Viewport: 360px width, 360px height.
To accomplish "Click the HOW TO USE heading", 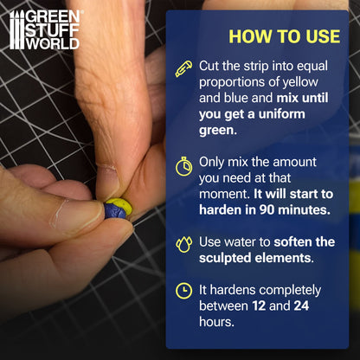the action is coord(285,36).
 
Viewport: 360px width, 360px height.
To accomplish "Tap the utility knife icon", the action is coord(183,69).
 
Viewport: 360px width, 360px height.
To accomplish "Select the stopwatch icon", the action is coord(184,166).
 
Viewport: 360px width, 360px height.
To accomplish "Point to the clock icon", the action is coord(183,291).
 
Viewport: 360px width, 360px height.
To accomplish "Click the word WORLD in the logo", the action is coord(53,44).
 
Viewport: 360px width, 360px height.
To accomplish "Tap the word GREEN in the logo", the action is coord(53,17).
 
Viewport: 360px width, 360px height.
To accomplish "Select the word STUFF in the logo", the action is coord(53,30).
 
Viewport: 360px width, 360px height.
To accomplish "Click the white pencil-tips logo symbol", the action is coord(17,30).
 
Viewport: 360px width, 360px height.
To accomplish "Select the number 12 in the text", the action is coord(259,305).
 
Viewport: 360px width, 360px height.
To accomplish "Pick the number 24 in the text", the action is coord(301,305).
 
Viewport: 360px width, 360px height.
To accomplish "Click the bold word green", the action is coord(218,131).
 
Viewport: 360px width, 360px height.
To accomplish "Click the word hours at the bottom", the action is coord(216,322).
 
